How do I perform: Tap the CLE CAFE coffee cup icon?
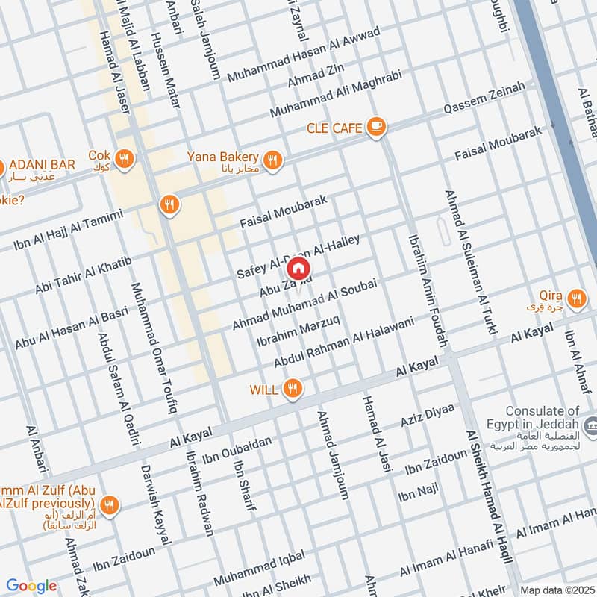coord(376,128)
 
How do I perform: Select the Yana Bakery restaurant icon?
coord(273,159)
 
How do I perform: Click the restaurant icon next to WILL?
coord(293,389)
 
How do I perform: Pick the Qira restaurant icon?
coord(575,299)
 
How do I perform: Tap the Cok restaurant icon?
coord(125,158)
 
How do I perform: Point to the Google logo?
coord(31,586)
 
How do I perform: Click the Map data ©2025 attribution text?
coord(556,590)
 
